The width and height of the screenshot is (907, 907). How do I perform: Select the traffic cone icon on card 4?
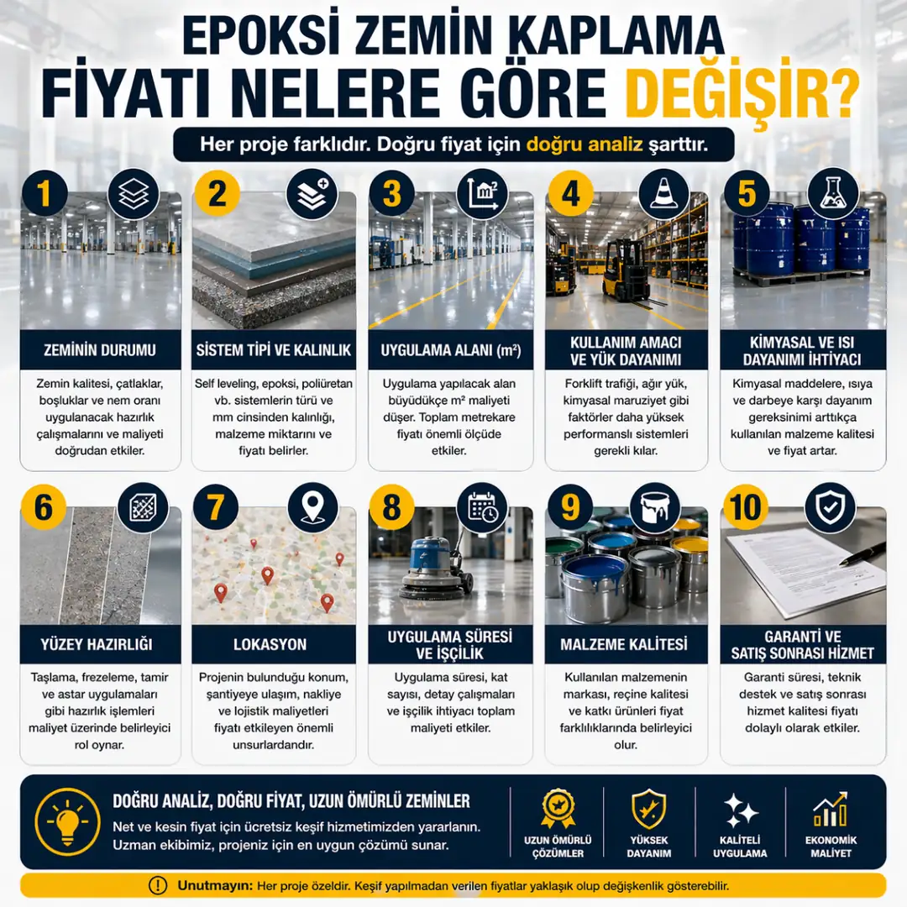664,194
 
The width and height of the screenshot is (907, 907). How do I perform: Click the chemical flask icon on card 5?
834,194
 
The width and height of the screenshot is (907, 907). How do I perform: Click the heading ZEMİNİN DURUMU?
100,349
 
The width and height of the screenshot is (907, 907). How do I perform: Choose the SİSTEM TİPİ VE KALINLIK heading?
273,349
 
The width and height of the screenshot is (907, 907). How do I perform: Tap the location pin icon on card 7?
312,506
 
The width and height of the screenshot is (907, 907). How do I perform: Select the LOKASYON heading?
273,645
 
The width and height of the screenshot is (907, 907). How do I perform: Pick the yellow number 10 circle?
746,507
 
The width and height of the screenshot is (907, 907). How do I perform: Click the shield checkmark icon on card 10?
830,506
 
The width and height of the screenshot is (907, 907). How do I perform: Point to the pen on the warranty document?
862,555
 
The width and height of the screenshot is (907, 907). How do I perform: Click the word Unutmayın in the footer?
214,885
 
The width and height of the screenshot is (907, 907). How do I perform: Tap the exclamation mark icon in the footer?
157,885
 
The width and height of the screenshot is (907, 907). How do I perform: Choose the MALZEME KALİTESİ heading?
623,645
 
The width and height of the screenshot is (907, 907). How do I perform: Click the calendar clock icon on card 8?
482,506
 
